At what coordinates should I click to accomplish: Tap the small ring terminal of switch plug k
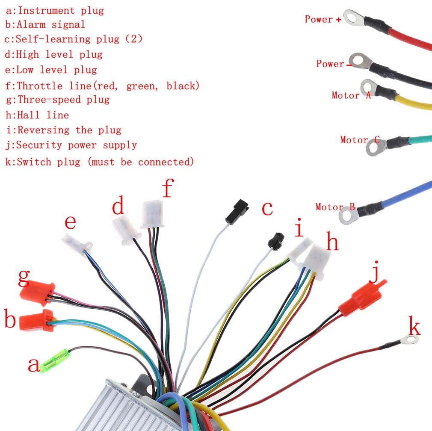pyautogui.click(x=410, y=339)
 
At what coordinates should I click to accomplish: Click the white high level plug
pyautogui.click(x=126, y=230)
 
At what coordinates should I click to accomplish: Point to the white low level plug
pyautogui.click(x=77, y=244)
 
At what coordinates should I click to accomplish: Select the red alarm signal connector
pyautogui.click(x=37, y=321)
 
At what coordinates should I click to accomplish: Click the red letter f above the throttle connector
pyautogui.click(x=168, y=188)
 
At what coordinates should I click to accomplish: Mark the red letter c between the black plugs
pyautogui.click(x=267, y=209)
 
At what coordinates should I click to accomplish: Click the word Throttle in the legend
pyautogui.click(x=40, y=86)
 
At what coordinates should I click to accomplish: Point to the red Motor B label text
pyautogui.click(x=335, y=207)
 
